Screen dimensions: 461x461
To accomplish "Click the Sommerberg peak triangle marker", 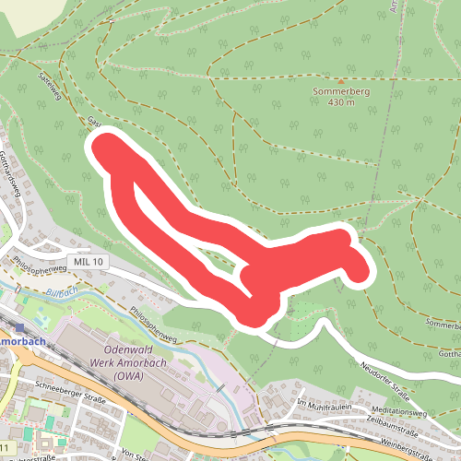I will point(342,81).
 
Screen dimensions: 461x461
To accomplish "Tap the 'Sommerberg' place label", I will point(342,93).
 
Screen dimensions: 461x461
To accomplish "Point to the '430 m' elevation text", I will point(342,104).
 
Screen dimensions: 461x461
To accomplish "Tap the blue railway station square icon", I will point(20,325).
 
